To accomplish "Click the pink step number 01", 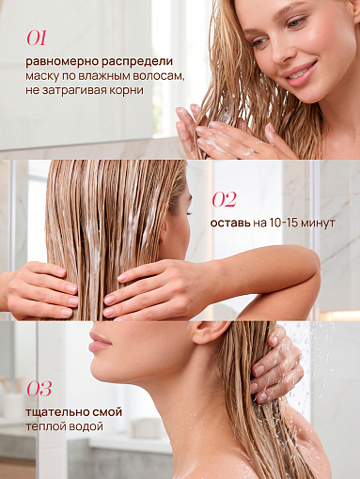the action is click(x=37, y=39).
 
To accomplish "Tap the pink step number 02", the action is click(x=224, y=199).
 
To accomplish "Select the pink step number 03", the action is click(x=39, y=389).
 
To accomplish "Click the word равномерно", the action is click(x=62, y=62).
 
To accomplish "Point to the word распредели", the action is click(x=137, y=62).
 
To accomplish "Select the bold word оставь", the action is click(x=230, y=223).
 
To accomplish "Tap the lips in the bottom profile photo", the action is click(x=99, y=341).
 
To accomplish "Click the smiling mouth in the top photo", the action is click(x=300, y=74).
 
